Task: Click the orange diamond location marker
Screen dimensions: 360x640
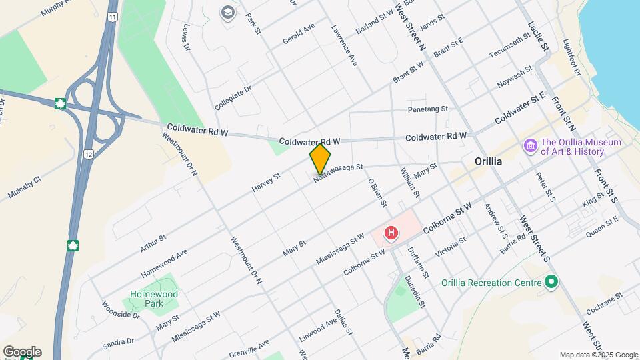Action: coord(320,159)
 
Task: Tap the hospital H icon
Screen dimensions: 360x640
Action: coord(391,233)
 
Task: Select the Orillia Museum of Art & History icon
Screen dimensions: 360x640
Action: coord(531,145)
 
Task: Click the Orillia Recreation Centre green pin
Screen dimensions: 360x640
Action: coord(551,282)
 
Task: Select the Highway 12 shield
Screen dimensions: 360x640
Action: coord(88,154)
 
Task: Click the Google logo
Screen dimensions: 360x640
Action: coord(22,352)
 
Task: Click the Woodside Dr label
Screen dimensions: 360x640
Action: coord(121,310)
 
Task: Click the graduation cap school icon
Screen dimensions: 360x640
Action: coord(229,12)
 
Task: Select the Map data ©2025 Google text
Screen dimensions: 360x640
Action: coord(599,355)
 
